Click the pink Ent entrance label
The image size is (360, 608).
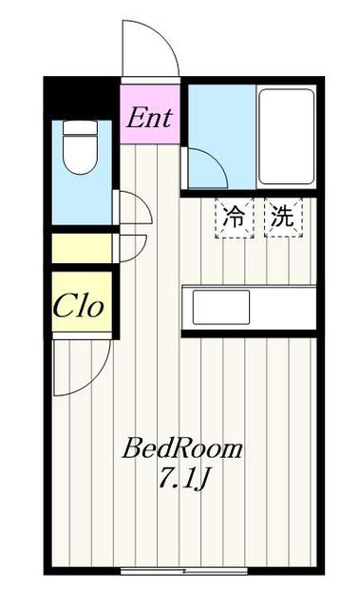click(149, 119)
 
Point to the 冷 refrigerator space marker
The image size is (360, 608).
click(233, 217)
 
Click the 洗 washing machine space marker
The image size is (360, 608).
click(282, 217)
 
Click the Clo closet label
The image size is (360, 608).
click(78, 306)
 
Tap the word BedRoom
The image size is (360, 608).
click(181, 448)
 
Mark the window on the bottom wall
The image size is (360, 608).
click(184, 570)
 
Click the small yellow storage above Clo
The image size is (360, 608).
click(81, 249)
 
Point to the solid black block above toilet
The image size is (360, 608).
click(81, 99)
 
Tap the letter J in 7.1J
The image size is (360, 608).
click(203, 479)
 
